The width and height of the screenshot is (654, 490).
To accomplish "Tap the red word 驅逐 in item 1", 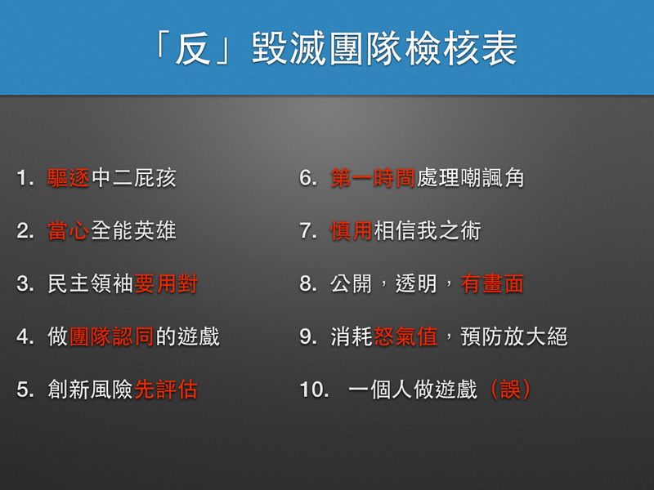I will [69, 179].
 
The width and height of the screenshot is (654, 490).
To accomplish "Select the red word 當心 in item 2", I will [69, 231].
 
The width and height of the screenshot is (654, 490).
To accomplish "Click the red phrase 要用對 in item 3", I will [166, 284].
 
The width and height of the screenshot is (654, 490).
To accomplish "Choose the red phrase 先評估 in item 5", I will [166, 390].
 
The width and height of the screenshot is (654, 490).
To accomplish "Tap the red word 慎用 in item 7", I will [352, 231].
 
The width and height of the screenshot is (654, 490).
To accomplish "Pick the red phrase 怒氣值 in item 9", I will [405, 336].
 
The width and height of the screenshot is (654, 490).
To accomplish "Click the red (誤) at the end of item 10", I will [511, 390].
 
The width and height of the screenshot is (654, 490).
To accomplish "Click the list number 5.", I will [23, 390].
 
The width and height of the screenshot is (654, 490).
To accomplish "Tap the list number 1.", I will [23, 179].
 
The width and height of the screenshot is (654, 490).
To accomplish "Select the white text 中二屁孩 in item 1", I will [133, 179].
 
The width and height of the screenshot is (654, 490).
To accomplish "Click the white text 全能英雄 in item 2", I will [133, 231].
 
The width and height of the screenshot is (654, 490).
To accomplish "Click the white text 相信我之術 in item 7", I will [427, 231].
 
